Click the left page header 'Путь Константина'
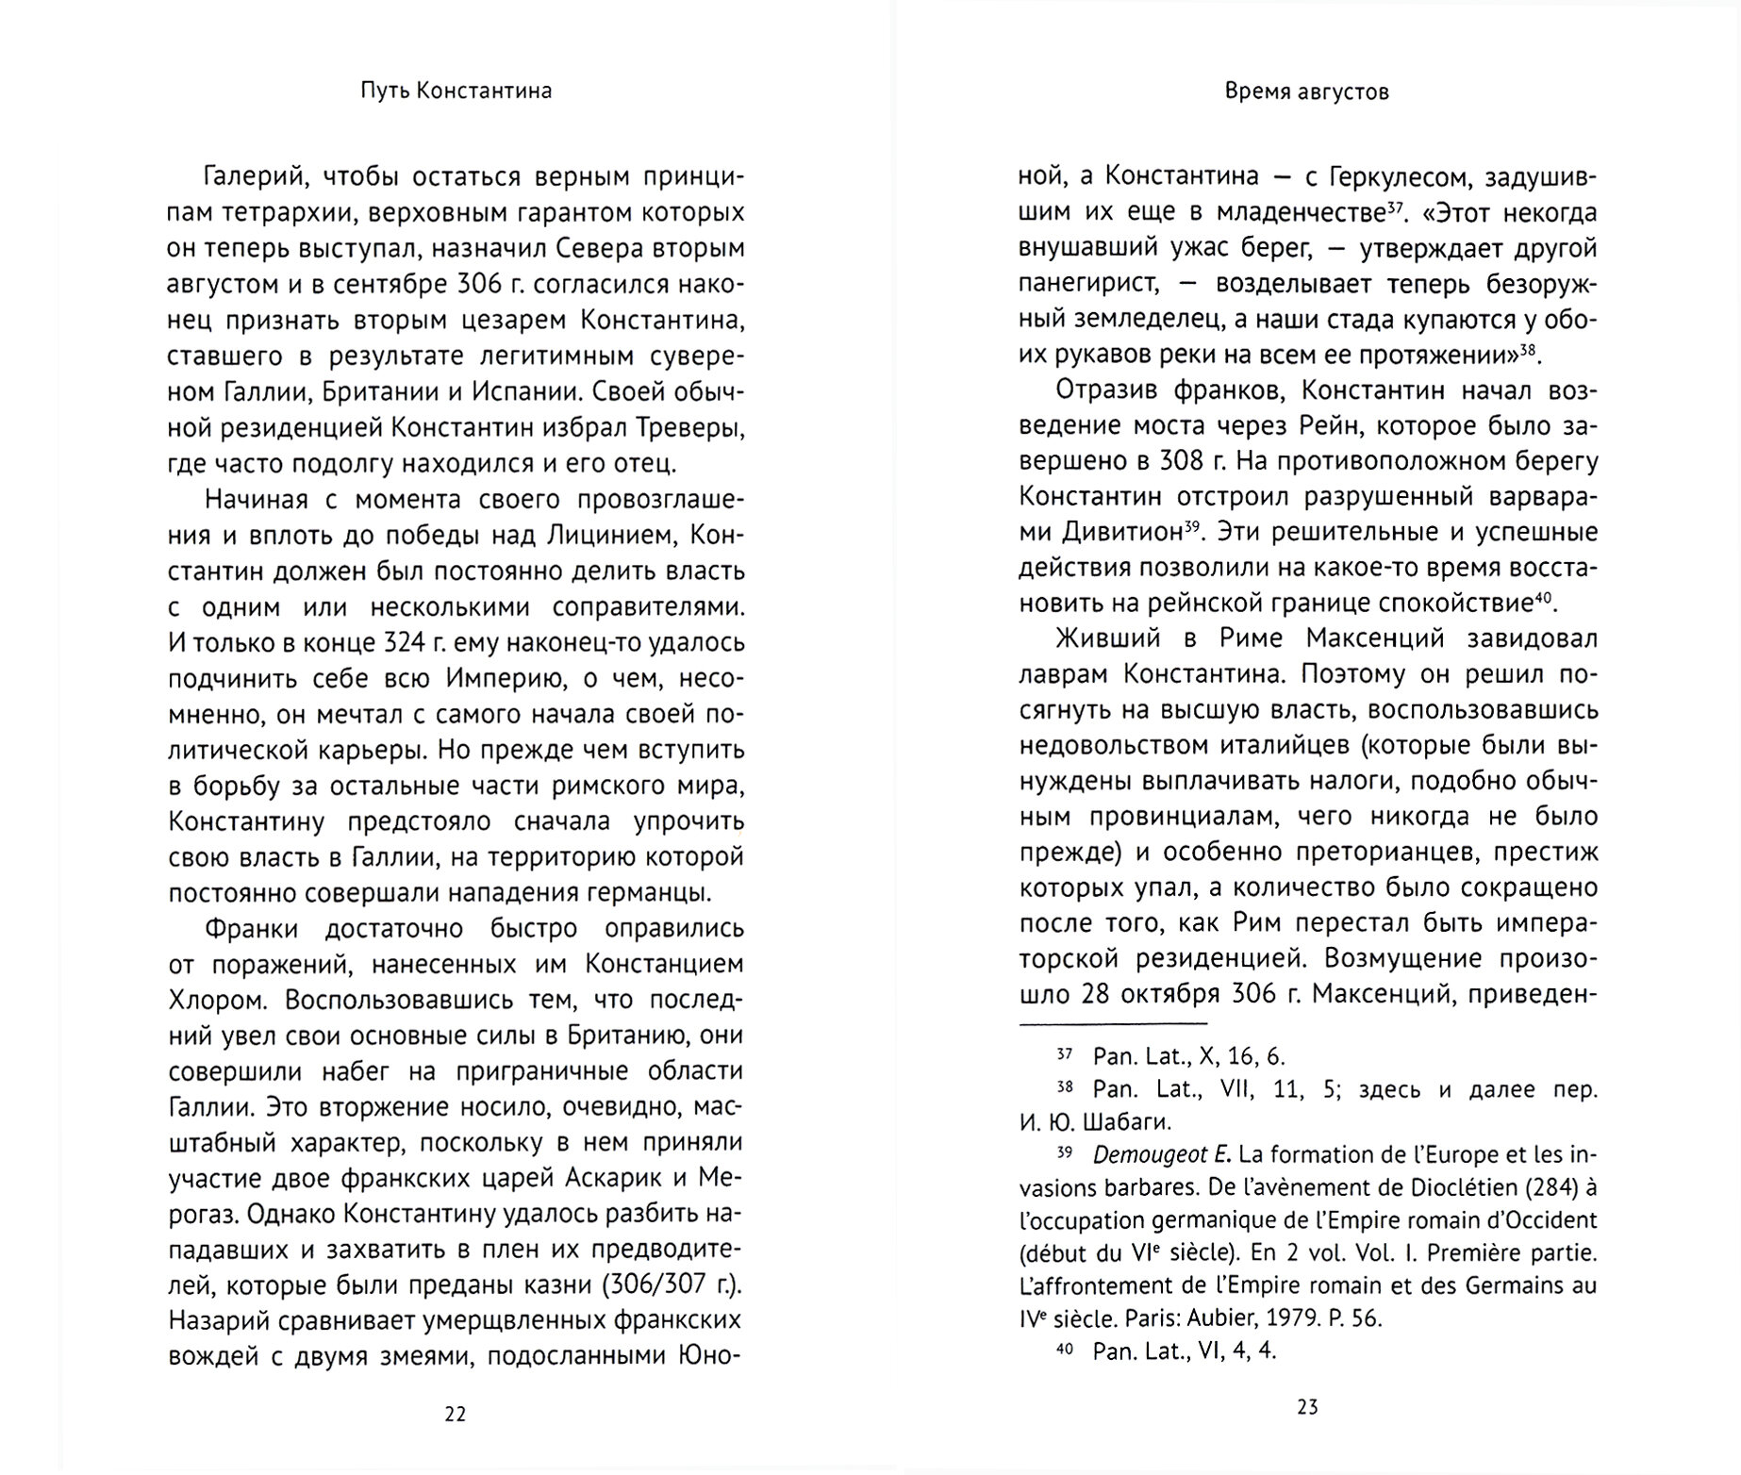click(x=456, y=91)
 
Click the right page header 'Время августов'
click(x=1306, y=91)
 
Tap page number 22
click(x=455, y=1414)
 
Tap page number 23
click(x=1307, y=1407)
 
